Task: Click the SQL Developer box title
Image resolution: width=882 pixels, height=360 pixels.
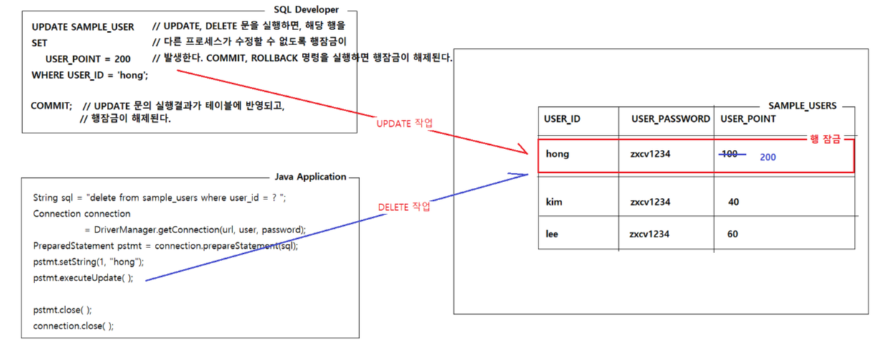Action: [306, 10]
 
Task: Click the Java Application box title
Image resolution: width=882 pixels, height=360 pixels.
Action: [310, 176]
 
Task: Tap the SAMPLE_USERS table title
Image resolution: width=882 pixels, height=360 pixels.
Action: [802, 105]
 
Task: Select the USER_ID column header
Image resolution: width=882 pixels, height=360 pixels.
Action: [562, 118]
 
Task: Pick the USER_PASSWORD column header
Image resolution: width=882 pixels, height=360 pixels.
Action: [670, 118]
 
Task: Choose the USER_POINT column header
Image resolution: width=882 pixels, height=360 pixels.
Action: [748, 118]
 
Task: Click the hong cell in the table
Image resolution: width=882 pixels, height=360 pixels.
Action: [557, 153]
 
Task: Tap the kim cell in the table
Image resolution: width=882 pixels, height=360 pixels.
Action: [554, 202]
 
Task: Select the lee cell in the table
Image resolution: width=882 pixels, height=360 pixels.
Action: [552, 234]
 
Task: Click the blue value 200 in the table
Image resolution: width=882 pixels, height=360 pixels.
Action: [768, 156]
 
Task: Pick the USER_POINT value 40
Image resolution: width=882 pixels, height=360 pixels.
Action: [733, 202]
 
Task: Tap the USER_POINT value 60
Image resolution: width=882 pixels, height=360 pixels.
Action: [733, 234]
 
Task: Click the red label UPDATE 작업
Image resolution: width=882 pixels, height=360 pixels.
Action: [404, 123]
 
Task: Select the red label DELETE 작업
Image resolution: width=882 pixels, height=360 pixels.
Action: [404, 207]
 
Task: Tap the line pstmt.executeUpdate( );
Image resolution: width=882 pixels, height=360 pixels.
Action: [83, 278]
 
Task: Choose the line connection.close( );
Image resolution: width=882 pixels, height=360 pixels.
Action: [73, 326]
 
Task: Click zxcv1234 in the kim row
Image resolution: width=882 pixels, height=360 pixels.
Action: [650, 202]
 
